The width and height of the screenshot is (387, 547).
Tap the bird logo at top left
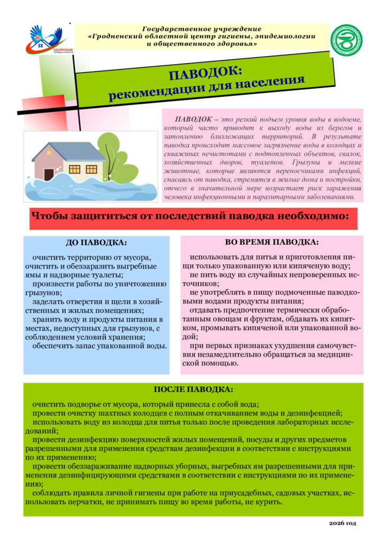[x=49, y=40]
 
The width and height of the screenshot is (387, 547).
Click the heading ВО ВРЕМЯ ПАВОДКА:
[x=272, y=242]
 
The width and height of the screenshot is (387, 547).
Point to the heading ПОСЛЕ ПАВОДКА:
[x=193, y=389]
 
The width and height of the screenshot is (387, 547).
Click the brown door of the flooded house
[x=49, y=174]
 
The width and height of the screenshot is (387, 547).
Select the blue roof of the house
[x=69, y=152]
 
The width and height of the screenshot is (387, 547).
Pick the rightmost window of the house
[x=91, y=169]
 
